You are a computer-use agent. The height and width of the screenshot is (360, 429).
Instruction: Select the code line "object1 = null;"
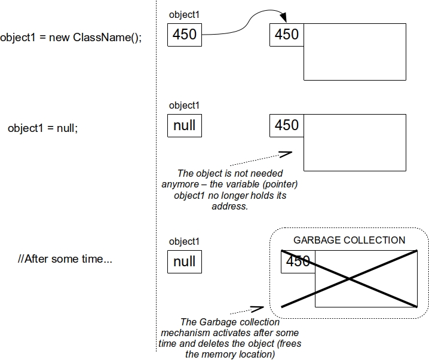coord(42,128)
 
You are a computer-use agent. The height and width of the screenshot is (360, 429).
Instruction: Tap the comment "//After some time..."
coord(65,260)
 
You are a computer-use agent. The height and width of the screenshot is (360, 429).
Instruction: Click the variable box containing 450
coord(185,35)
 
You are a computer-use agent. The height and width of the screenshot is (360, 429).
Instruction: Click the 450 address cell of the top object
coord(287,35)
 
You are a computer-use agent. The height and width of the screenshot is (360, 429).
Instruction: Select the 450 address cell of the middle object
coord(287,125)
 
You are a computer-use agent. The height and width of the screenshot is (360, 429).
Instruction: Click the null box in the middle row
coord(185,125)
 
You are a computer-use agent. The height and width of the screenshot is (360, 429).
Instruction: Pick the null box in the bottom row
coord(185,261)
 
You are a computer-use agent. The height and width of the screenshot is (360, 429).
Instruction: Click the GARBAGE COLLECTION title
coord(349,241)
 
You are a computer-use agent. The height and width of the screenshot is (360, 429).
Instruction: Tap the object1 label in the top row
coord(184,15)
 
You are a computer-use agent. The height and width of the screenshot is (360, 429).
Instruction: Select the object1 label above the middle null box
coord(184,106)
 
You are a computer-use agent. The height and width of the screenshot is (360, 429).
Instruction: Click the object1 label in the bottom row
coord(184,242)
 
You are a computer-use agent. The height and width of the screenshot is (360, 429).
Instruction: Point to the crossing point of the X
coord(350,279)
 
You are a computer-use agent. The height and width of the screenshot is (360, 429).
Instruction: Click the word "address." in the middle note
coord(229,207)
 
